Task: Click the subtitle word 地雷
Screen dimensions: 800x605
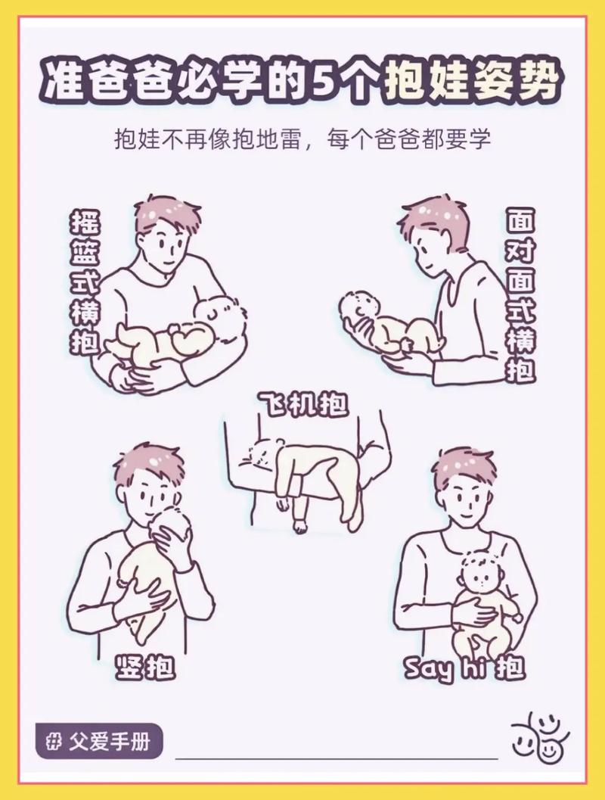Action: click(x=283, y=139)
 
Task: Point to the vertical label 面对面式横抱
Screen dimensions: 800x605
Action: click(x=520, y=295)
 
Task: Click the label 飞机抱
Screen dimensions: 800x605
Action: click(x=302, y=404)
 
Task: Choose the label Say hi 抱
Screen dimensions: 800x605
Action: click(x=463, y=668)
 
